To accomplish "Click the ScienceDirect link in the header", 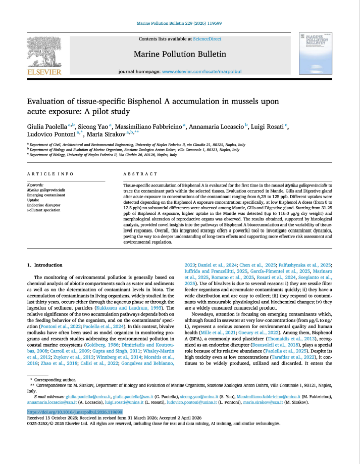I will click(209, 38).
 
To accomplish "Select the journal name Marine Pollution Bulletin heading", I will click(180, 54).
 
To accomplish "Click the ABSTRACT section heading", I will click(137, 173).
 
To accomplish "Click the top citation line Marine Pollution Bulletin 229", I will click(179, 23).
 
